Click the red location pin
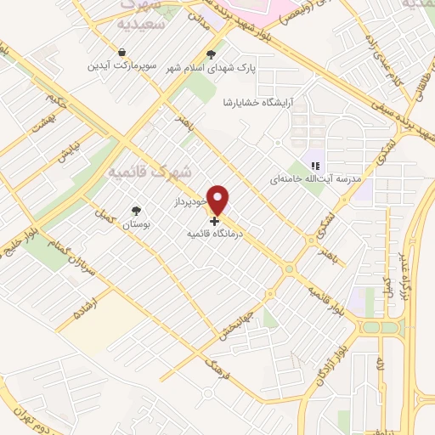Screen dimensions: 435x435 pyautogui.click(x=218, y=199)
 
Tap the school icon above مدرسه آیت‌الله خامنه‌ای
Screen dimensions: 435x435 pyautogui.click(x=314, y=166)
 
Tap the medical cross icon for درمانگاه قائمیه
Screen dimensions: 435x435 pyautogui.click(x=213, y=219)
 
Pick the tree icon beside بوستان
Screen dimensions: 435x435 pyautogui.click(x=137, y=210)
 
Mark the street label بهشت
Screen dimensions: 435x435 pyautogui.click(x=40, y=128)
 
